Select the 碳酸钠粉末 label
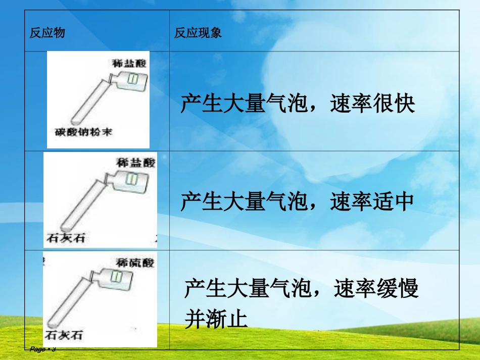pos(83,132)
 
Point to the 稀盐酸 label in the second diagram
pos(136,163)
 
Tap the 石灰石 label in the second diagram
pos(66,237)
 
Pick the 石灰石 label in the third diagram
pos(64,335)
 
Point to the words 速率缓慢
pos(376,290)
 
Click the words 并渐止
pos(216,319)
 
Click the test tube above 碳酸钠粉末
pos(91,101)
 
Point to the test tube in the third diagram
pos(71,303)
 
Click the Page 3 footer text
pos(42,349)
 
